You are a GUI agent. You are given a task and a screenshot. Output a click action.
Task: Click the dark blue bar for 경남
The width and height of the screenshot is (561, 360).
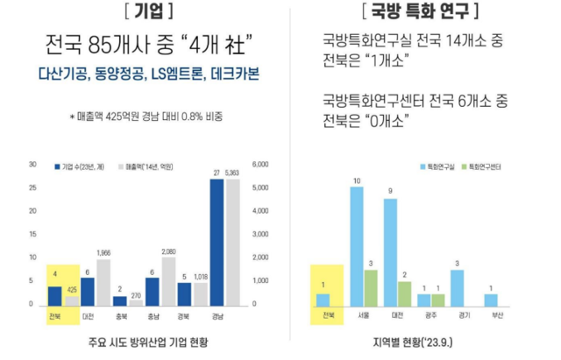217,242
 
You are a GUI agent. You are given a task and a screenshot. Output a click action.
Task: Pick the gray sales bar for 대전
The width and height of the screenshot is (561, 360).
103,282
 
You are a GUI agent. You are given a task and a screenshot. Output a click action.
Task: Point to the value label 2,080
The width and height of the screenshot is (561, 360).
168,250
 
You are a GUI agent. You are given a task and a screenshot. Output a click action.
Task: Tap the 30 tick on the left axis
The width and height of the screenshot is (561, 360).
32,164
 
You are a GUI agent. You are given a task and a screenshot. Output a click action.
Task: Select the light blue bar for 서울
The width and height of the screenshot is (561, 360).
357,245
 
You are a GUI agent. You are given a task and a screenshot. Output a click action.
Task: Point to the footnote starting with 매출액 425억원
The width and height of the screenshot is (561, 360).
145,116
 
